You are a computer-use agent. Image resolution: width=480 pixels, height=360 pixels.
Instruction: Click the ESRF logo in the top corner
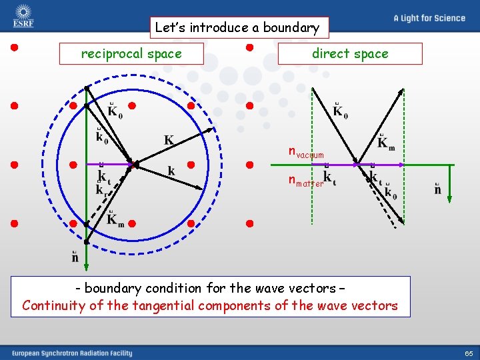point(23,16)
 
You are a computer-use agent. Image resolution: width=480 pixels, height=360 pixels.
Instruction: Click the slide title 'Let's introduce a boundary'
point(239,28)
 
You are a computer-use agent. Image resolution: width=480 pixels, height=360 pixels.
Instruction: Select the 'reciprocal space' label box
point(131,54)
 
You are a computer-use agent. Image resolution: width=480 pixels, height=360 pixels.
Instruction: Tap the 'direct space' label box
point(350,54)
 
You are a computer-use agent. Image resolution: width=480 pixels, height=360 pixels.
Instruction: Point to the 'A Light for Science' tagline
point(429,18)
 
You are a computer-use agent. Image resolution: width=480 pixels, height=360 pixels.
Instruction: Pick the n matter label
point(305,181)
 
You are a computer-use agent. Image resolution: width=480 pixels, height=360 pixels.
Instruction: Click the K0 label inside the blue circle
point(115,111)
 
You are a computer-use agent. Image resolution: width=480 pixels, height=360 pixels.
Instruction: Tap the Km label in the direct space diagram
point(386,143)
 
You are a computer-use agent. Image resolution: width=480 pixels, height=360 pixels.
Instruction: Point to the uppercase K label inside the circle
point(169,141)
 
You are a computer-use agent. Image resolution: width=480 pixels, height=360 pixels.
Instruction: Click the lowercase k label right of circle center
point(171,171)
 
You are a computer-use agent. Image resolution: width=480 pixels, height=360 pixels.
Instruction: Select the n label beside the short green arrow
point(437,190)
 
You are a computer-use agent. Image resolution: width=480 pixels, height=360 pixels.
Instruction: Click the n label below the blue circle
point(75,257)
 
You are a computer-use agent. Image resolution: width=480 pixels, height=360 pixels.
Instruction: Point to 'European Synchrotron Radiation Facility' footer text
point(71,353)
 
